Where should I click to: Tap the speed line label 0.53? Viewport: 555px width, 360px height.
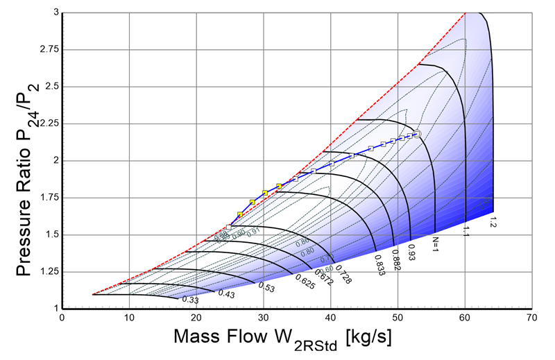[265, 286]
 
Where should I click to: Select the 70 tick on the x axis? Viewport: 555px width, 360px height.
[531, 318]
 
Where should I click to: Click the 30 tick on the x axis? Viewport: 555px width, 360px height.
[264, 318]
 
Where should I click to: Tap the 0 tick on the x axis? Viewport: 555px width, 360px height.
[63, 318]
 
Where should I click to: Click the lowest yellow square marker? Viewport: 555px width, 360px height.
[240, 214]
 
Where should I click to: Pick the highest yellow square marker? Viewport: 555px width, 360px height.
[279, 186]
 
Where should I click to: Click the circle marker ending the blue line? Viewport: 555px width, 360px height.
[418, 134]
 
